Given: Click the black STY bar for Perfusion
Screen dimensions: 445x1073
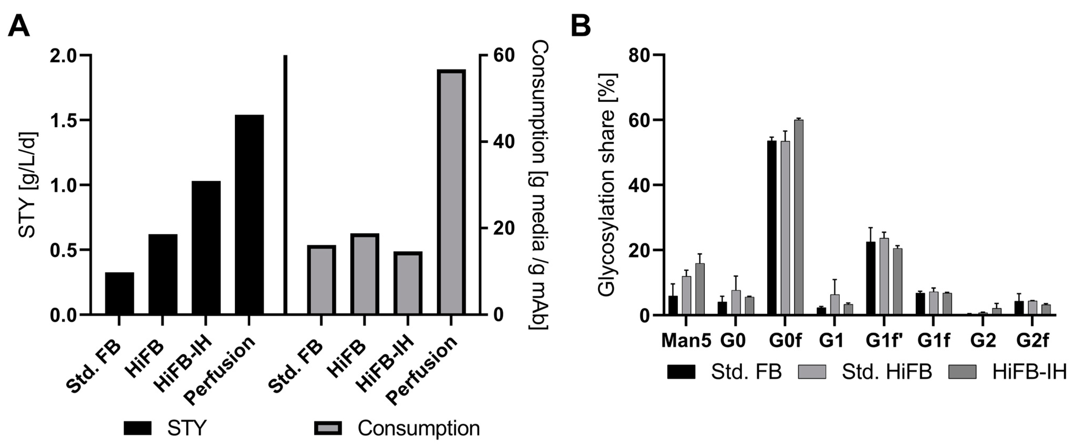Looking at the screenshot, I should [249, 214].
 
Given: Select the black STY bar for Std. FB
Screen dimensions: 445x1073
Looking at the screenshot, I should [119, 293].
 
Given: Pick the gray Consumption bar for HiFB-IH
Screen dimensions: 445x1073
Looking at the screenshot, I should [408, 283].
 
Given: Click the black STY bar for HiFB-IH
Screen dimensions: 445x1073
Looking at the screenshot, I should [206, 247].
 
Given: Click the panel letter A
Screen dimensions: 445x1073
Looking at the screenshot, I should [19, 26].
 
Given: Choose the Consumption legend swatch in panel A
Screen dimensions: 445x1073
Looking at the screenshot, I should [328, 428].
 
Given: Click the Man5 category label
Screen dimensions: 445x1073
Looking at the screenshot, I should [686, 341].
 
